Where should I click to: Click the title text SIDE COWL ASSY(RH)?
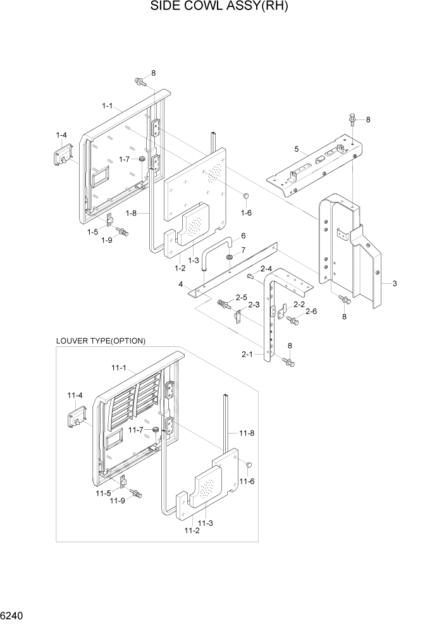coord(222,8)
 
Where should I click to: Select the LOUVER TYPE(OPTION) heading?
coord(101,341)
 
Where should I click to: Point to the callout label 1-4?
coord(61,135)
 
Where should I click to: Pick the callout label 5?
coord(296,150)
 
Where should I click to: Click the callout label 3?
coord(394,284)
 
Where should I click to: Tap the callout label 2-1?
coord(247,355)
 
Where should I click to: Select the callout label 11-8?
coord(247,433)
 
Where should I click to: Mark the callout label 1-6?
coord(245,213)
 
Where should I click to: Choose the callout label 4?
coord(181,285)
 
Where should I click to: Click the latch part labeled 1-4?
coord(63,155)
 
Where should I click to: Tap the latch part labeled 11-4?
coord(76,416)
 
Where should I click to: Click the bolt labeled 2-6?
coord(293,321)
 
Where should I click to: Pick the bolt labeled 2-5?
coord(224,305)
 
